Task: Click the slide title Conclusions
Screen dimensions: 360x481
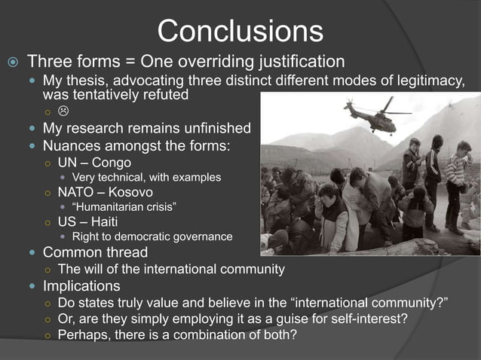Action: (x=240, y=31)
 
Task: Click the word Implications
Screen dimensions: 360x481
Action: (x=81, y=286)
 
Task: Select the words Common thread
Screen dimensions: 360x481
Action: (x=95, y=252)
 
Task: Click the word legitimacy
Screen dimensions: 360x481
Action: (x=423, y=81)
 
